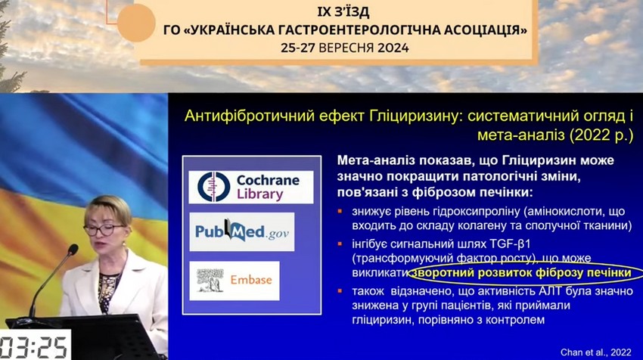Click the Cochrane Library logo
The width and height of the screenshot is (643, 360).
point(250,187)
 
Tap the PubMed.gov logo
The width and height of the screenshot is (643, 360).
point(242,231)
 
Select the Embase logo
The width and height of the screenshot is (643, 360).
point(235,281)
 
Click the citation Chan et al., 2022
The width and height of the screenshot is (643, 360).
point(596,352)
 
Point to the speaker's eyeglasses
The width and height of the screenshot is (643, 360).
point(104,229)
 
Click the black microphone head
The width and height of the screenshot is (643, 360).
point(73,250)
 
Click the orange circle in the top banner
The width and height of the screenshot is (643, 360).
point(136,23)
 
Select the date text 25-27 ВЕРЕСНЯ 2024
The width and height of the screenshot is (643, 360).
point(345,48)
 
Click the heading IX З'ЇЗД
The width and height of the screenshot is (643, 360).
point(343,12)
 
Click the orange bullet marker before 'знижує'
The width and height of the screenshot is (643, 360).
point(340,212)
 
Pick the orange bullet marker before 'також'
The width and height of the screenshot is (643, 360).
point(340,291)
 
